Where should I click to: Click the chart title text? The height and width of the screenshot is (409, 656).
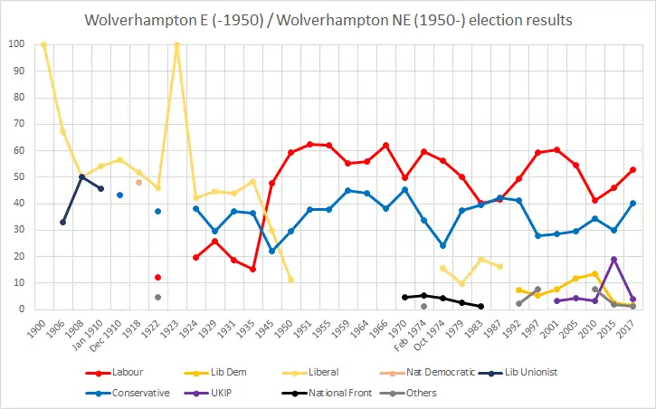pos(328,20)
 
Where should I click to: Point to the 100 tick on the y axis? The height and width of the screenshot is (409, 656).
pos(16,44)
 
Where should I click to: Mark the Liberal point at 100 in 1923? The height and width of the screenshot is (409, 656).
pos(176,44)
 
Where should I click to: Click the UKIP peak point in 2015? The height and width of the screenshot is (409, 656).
pos(613,260)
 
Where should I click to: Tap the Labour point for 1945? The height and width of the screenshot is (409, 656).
pos(271,184)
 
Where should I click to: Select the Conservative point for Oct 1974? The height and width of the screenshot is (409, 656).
pos(442,245)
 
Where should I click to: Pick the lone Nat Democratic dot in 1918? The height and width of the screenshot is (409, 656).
pos(138,182)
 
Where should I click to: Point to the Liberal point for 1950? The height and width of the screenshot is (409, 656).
pos(290,280)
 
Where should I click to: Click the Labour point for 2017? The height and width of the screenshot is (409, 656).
pos(632,169)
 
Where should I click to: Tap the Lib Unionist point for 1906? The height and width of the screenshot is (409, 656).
pos(62,222)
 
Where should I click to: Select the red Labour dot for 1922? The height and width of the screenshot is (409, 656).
pos(157,277)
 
